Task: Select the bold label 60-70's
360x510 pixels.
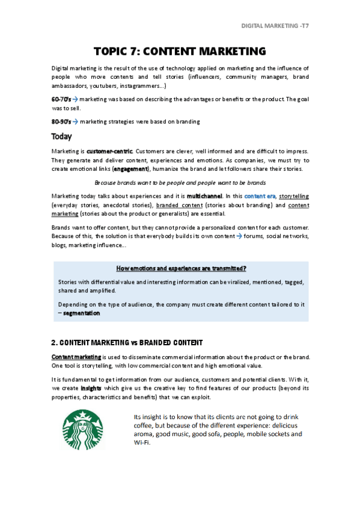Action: (x=62, y=99)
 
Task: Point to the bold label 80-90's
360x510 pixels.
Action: (x=62, y=122)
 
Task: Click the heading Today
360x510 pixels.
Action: (x=62, y=137)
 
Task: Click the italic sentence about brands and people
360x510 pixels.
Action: (x=180, y=182)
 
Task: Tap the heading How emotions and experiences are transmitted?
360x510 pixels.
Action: (x=180, y=268)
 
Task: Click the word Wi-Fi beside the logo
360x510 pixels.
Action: (x=141, y=443)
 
